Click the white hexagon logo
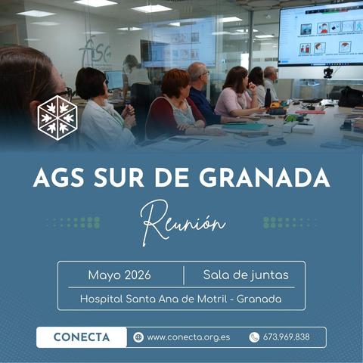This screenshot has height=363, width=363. click(57, 117)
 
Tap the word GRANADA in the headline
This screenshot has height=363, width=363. click(265, 178)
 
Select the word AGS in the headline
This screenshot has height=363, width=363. click(58, 178)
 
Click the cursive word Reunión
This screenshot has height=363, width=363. click(182, 222)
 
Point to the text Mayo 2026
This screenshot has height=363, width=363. click(119, 275)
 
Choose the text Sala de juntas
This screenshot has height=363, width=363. click(246, 275)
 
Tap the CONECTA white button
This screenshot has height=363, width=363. click(82, 337)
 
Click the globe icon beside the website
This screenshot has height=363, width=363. click(138, 337)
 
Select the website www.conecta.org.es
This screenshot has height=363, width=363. click(188, 337)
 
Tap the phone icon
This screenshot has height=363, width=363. click(254, 337)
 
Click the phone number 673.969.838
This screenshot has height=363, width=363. click(287, 337)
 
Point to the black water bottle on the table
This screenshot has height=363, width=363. click(268, 98)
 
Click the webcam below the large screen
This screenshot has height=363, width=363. click(327, 73)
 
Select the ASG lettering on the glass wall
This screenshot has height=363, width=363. click(95, 51)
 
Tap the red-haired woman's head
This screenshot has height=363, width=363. click(175, 83)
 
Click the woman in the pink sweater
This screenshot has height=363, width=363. click(237, 92)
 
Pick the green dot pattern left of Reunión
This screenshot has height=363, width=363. click(73, 223)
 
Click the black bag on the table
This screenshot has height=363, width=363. click(351, 97)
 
